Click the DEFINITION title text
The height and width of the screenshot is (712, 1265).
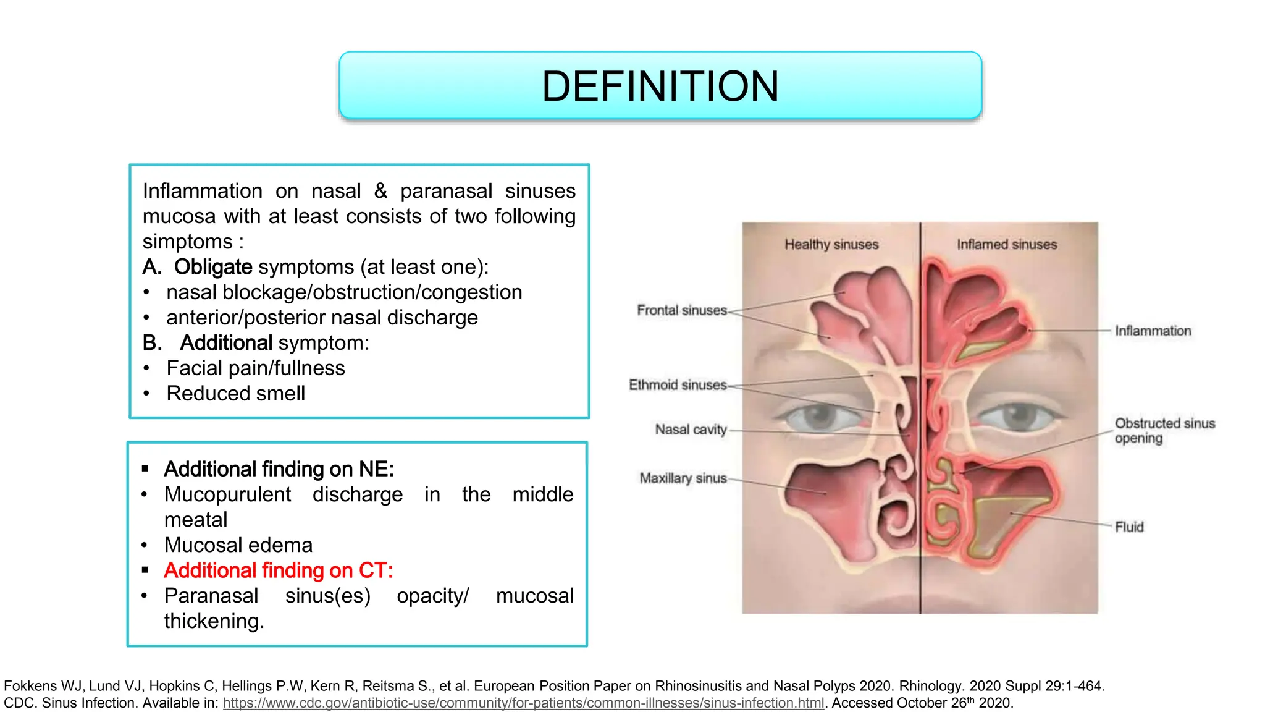pyautogui.click(x=660, y=86)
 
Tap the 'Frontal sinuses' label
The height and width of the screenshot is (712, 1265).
pyautogui.click(x=682, y=310)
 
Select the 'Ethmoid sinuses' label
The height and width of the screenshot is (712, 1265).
pyautogui.click(x=678, y=385)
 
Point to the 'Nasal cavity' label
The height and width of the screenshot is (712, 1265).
pyautogui.click(x=691, y=430)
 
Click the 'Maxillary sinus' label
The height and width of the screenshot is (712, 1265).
pyautogui.click(x=683, y=478)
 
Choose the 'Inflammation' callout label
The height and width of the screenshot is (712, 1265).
pyautogui.click(x=1153, y=331)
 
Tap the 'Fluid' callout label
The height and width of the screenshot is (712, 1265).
pyautogui.click(x=1129, y=527)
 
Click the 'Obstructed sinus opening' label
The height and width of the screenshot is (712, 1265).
pyautogui.click(x=1164, y=431)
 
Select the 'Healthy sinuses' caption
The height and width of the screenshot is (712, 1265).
pyautogui.click(x=831, y=245)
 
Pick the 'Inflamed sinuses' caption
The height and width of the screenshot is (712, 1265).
pyautogui.click(x=1007, y=245)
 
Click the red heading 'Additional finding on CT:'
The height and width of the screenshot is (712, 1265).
pyautogui.click(x=279, y=570)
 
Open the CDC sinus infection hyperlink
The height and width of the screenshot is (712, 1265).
pyautogui.click(x=523, y=703)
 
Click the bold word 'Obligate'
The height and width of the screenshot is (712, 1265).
pyautogui.click(x=213, y=267)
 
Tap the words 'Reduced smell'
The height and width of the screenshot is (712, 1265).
pyautogui.click(x=235, y=394)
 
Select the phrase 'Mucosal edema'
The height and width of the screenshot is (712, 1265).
pyautogui.click(x=238, y=545)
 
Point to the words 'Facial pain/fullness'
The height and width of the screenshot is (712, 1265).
pyautogui.click(x=256, y=368)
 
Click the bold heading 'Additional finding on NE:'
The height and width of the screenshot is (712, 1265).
pyautogui.click(x=279, y=469)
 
